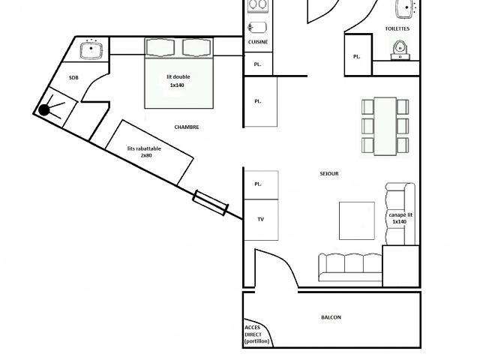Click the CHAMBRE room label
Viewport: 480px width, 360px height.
(187, 127)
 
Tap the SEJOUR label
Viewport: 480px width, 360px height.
(329, 173)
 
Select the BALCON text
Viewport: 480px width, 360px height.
(331, 317)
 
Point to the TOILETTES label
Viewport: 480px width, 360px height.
(397, 28)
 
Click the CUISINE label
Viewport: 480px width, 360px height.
(258, 42)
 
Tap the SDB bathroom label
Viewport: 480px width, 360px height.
(73, 78)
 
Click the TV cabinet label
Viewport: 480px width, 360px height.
(260, 219)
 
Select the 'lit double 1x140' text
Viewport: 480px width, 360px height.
(178, 81)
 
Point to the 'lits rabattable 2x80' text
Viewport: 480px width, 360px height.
(144, 151)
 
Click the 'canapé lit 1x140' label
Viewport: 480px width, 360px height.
(400, 218)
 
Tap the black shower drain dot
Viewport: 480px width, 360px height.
(44, 110)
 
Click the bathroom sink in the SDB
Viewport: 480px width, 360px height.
(91, 50)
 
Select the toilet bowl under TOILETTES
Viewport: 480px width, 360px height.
(400, 49)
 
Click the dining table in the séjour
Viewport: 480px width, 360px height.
(385, 126)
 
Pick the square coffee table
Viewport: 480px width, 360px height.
(357, 220)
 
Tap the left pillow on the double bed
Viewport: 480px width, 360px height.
(160, 47)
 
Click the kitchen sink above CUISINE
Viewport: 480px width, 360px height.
(257, 28)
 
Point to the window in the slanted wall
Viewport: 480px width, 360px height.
(210, 202)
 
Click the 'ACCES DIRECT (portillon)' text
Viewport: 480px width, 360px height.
(256, 334)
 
